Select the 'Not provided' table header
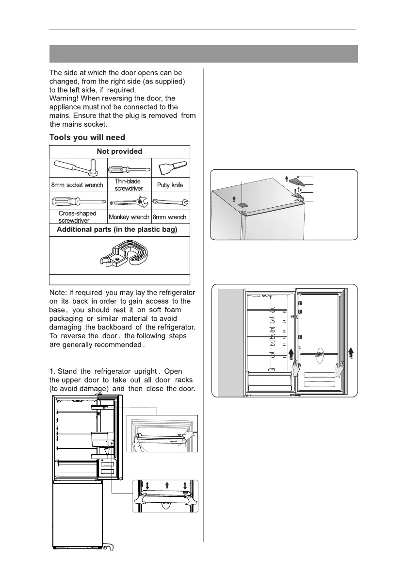click(119, 151)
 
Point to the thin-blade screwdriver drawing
click(128, 169)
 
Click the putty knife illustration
click(169, 168)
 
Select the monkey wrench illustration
click(129, 202)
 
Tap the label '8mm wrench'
click(170, 217)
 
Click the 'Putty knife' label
click(170, 185)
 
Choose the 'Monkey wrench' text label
click(129, 217)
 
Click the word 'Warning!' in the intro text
click(65, 99)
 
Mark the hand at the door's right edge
click(341, 369)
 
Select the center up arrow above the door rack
click(166, 485)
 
